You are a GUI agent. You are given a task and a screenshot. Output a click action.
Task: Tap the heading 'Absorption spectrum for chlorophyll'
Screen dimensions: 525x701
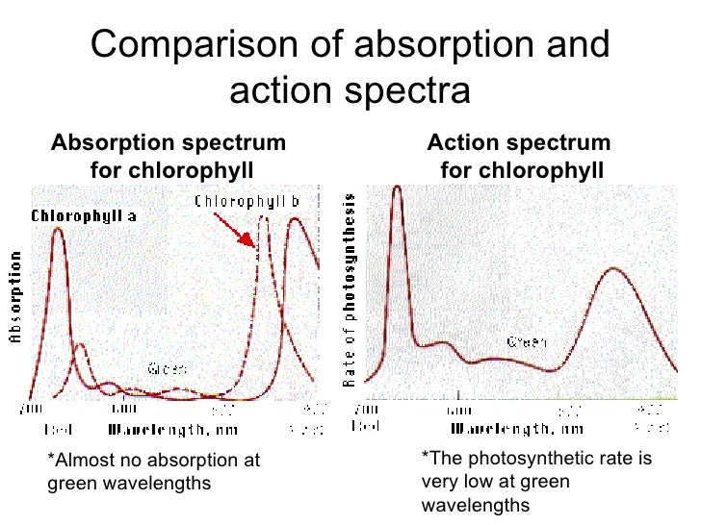coord(169,157)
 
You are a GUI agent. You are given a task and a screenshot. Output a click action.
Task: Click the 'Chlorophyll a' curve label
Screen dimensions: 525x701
coord(84,216)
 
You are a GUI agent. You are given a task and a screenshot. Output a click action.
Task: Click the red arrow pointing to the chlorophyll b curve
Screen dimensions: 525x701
coord(235,230)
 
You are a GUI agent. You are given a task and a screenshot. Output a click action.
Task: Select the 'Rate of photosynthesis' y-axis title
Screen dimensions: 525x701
coord(349,289)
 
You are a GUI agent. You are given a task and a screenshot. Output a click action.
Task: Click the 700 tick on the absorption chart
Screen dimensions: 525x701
coord(33,410)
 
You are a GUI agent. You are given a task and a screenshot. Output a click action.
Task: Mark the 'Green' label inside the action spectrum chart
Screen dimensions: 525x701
coord(527,342)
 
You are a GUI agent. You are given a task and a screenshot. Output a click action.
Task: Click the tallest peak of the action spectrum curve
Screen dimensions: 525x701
coord(396,188)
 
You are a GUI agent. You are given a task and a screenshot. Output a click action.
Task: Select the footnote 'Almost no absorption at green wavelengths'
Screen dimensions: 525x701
coord(154,471)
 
